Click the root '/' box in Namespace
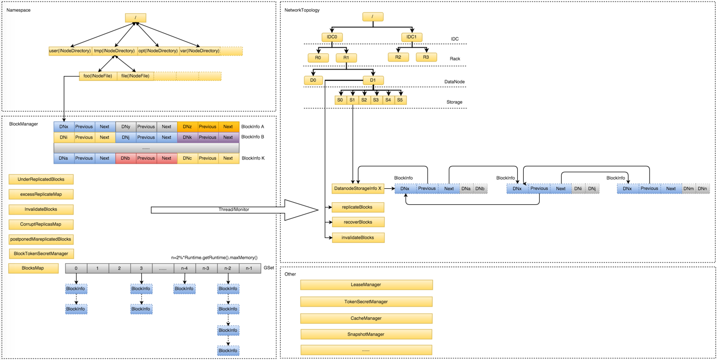[x=135, y=18]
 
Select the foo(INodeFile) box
[x=98, y=76]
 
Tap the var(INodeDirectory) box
[x=200, y=51]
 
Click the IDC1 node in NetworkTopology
[x=411, y=37]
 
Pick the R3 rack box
[x=426, y=57]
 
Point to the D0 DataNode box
[x=313, y=80]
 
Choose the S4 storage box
[x=388, y=100]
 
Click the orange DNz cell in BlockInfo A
[x=187, y=127]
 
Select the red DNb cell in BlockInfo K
[x=125, y=158]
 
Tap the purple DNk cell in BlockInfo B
[x=187, y=137]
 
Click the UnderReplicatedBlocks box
[x=41, y=179]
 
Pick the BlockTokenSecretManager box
[x=41, y=254]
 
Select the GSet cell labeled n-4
[x=185, y=269]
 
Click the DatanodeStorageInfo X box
[x=358, y=188]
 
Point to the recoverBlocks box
[x=358, y=222]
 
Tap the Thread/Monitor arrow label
[x=234, y=210]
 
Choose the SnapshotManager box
[x=366, y=334]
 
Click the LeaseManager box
[x=366, y=285]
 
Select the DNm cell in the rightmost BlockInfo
[x=689, y=188]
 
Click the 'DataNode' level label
[x=454, y=82]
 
